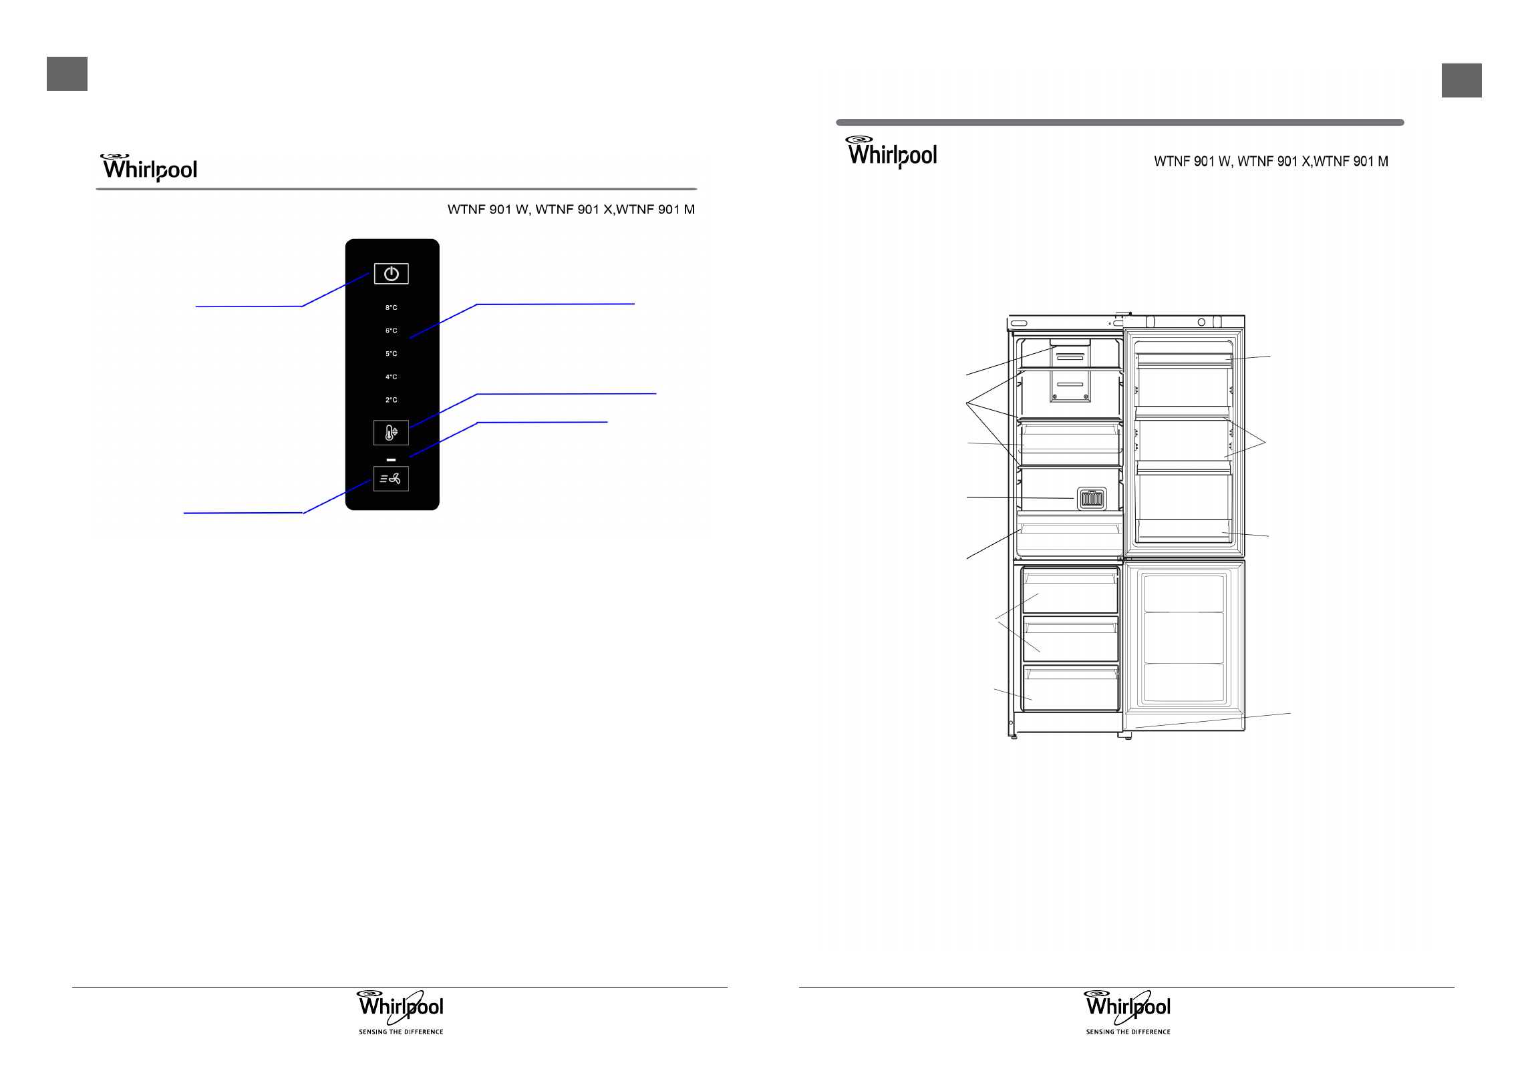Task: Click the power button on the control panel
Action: [391, 274]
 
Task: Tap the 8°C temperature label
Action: [391, 308]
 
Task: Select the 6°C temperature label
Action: [391, 331]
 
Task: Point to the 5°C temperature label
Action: [391, 354]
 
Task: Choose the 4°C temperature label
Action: [391, 377]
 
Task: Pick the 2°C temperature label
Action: [391, 400]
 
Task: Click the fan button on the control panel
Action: [391, 479]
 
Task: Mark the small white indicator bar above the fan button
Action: [391, 460]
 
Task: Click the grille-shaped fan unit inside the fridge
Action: [1092, 499]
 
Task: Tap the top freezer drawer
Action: [1070, 591]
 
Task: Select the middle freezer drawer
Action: [1070, 640]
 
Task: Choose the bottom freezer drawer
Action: [1070, 688]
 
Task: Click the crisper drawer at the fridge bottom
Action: [1070, 537]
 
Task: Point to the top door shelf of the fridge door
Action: [1184, 361]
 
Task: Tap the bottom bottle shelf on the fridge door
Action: [1184, 530]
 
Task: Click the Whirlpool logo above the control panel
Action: [150, 168]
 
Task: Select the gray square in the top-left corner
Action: [67, 73]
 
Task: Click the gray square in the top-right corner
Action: [1461, 80]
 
